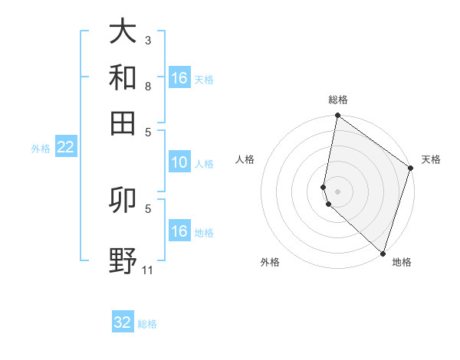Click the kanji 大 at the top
pyautogui.click(x=123, y=32)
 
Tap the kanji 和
pyautogui.click(x=123, y=77)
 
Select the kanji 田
pyautogui.click(x=123, y=123)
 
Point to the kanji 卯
pyautogui.click(x=123, y=200)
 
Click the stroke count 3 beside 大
pyautogui.click(x=148, y=40)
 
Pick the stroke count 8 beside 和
pyautogui.click(x=148, y=86)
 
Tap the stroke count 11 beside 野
pyautogui.click(x=148, y=270)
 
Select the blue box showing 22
pyautogui.click(x=65, y=148)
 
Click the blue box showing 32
pyautogui.click(x=123, y=322)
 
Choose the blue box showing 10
pyautogui.click(x=179, y=162)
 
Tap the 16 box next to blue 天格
pyautogui.click(x=179, y=78)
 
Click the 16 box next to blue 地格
pyautogui.click(x=179, y=231)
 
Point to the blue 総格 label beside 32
pyautogui.click(x=147, y=324)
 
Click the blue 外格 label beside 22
pyautogui.click(x=40, y=149)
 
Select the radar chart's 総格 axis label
pyautogui.click(x=338, y=100)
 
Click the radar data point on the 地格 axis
pyautogui.click(x=382, y=253)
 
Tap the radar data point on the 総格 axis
pyautogui.click(x=338, y=116)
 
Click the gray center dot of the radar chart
pyautogui.click(x=338, y=191)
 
